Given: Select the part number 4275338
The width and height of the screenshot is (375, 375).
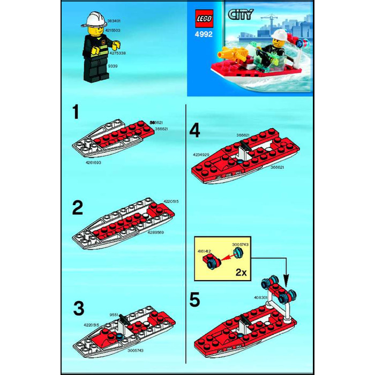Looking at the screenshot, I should (x=117, y=54).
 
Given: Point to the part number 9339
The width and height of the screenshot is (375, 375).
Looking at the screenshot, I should (x=112, y=66).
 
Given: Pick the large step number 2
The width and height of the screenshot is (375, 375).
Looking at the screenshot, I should (x=78, y=208).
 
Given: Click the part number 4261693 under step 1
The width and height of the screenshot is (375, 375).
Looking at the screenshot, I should (x=93, y=161).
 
